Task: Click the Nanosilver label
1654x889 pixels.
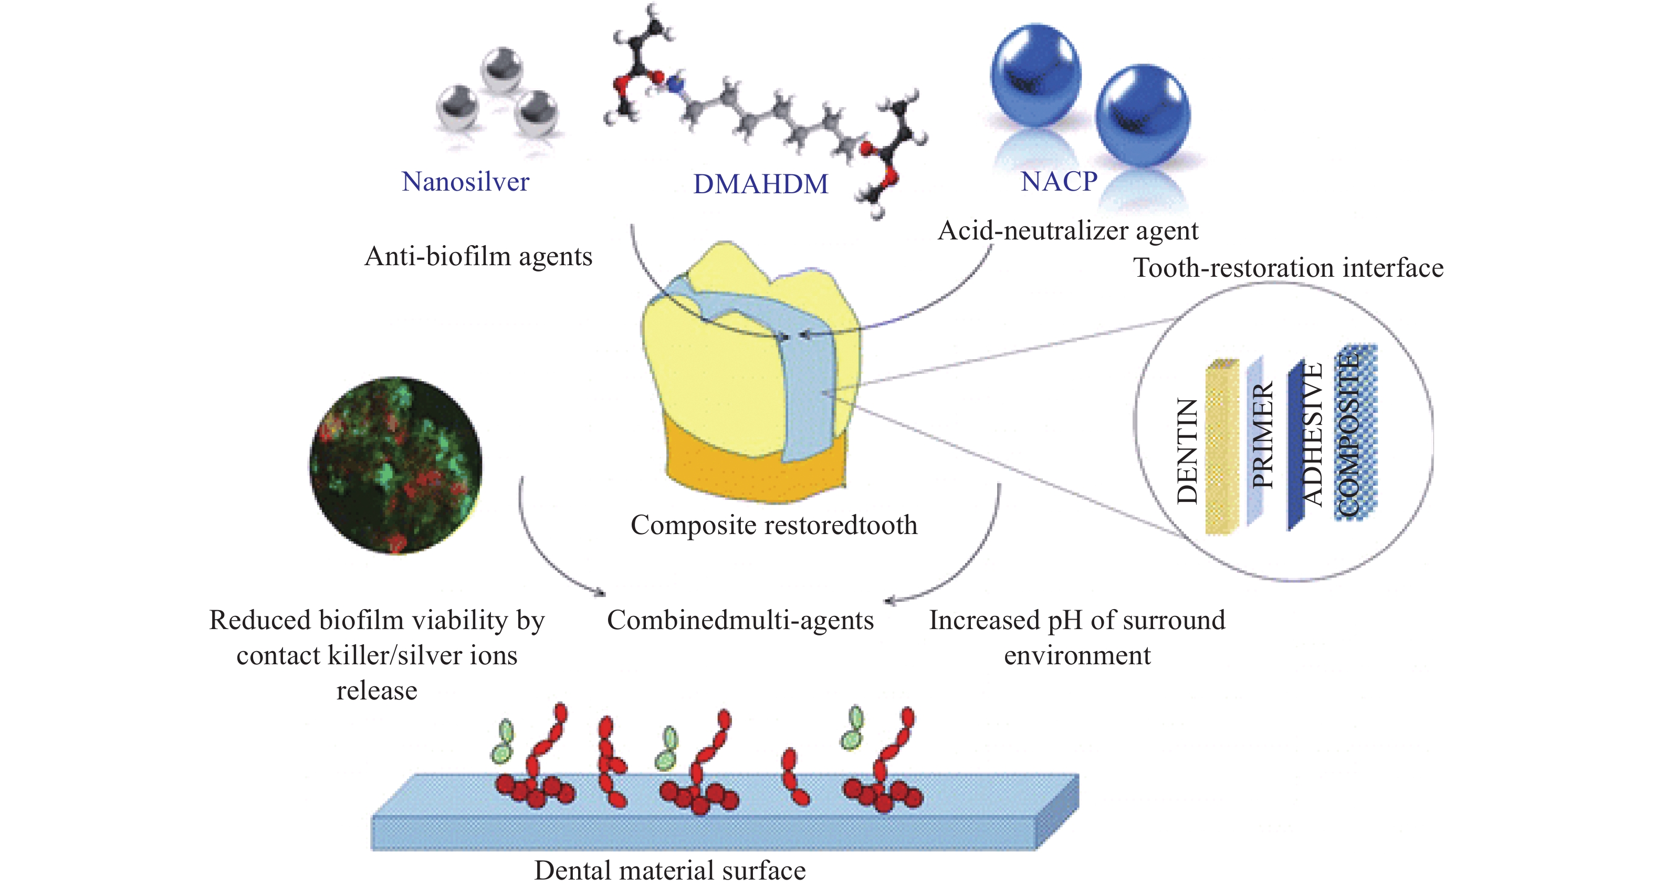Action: pos(466,182)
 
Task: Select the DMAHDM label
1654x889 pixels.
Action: pos(761,184)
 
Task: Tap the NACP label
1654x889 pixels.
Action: pos(1060,182)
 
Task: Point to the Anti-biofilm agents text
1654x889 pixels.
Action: pos(478,257)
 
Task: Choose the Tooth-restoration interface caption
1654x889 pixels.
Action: pos(1288,268)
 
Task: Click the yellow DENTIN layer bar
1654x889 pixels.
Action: pos(1222,446)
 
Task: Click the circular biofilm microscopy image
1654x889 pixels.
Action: pos(395,465)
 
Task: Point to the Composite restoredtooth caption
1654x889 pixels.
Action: pos(774,525)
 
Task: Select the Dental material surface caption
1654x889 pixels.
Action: pos(669,871)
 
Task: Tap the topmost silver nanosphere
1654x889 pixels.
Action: pos(502,69)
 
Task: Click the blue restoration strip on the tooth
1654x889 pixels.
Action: pos(796,379)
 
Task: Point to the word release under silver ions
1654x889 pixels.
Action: pos(377,691)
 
